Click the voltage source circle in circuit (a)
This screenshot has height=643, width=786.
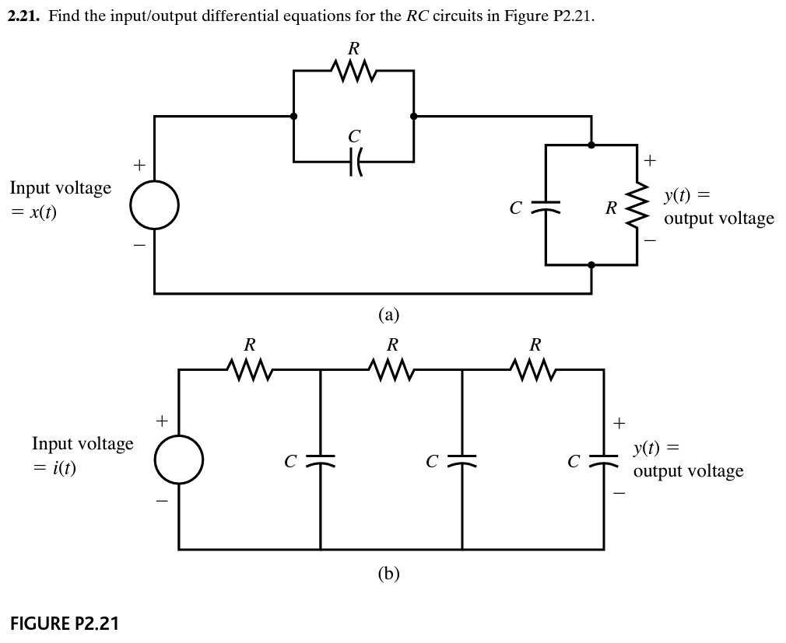(155, 205)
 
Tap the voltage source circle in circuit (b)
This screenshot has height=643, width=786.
(179, 460)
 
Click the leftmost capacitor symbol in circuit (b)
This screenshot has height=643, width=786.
(321, 460)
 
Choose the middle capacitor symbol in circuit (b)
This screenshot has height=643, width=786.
(462, 460)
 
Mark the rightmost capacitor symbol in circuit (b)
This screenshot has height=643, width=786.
(604, 460)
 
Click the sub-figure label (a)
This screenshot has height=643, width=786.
(388, 315)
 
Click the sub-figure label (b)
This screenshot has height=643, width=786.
(388, 574)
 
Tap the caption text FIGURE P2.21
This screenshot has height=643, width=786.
(65, 623)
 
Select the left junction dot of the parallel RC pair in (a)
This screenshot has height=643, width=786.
(293, 117)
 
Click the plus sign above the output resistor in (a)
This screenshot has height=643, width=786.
(651, 161)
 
